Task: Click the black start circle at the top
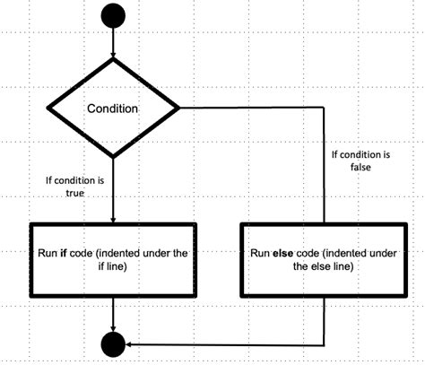pyautogui.click(x=114, y=16)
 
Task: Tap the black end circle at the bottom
pyautogui.click(x=114, y=343)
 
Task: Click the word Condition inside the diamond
pyautogui.click(x=112, y=109)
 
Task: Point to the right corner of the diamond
pyautogui.click(x=180, y=109)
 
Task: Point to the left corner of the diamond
pyautogui.click(x=47, y=109)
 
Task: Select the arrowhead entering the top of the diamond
pyautogui.click(x=114, y=56)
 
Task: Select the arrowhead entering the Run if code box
pyautogui.click(x=114, y=218)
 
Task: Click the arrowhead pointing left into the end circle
pyautogui.click(x=130, y=343)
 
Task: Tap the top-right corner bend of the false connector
pyautogui.click(x=325, y=109)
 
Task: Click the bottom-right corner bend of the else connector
pyautogui.click(x=325, y=343)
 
